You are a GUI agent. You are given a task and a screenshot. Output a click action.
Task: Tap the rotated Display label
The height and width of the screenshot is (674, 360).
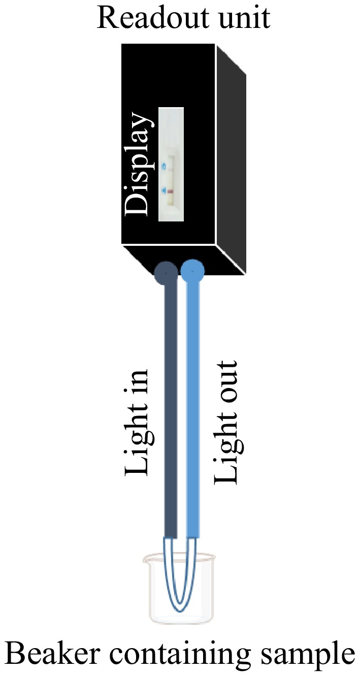tap(138, 164)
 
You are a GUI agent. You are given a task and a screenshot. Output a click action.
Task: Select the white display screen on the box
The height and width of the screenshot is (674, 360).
tap(171, 164)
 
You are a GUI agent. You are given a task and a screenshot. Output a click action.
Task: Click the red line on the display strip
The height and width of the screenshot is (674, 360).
tap(171, 191)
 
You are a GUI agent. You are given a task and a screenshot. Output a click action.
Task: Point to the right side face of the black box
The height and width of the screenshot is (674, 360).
tap(231, 159)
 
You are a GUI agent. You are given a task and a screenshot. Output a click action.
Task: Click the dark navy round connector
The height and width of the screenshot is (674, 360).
tap(166, 272)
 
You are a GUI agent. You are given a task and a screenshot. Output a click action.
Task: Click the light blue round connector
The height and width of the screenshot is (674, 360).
tap(192, 271)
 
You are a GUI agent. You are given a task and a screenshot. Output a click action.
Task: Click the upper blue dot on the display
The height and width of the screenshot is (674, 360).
tap(164, 165)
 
